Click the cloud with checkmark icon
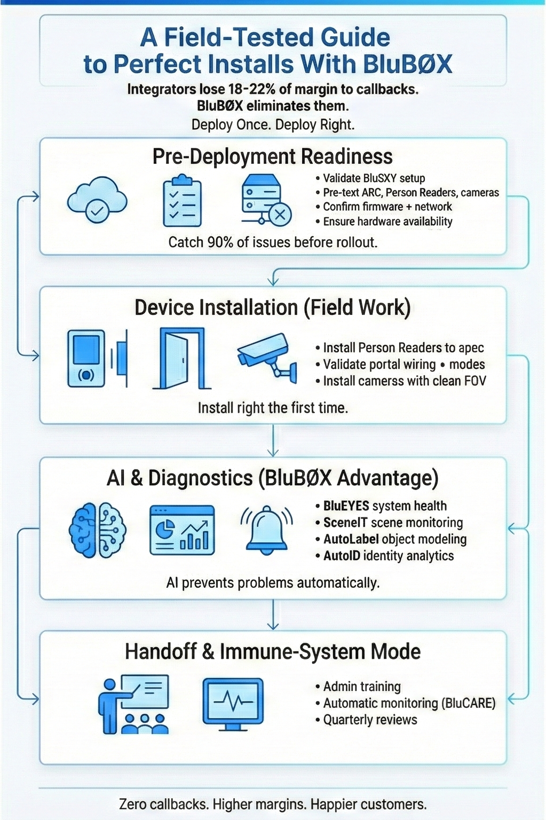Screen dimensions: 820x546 coord(97,201)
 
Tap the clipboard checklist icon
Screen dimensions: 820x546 coord(182,201)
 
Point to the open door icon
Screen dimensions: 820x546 coord(182,358)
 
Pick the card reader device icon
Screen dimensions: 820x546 coord(86,358)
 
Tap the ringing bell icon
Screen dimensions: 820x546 coord(266,529)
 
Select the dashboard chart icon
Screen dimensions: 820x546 coord(182,530)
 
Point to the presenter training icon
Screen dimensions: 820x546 coord(134,704)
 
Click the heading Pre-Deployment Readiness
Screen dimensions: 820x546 coord(272,156)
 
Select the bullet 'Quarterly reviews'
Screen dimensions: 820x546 coord(370,720)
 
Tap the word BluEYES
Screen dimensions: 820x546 coord(346,506)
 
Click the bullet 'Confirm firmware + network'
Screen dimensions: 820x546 coord(387,207)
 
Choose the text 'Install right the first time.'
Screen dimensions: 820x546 coord(273,408)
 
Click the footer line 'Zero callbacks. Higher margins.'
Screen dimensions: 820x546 coord(272,804)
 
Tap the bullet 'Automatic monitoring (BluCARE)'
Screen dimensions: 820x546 coord(409,703)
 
